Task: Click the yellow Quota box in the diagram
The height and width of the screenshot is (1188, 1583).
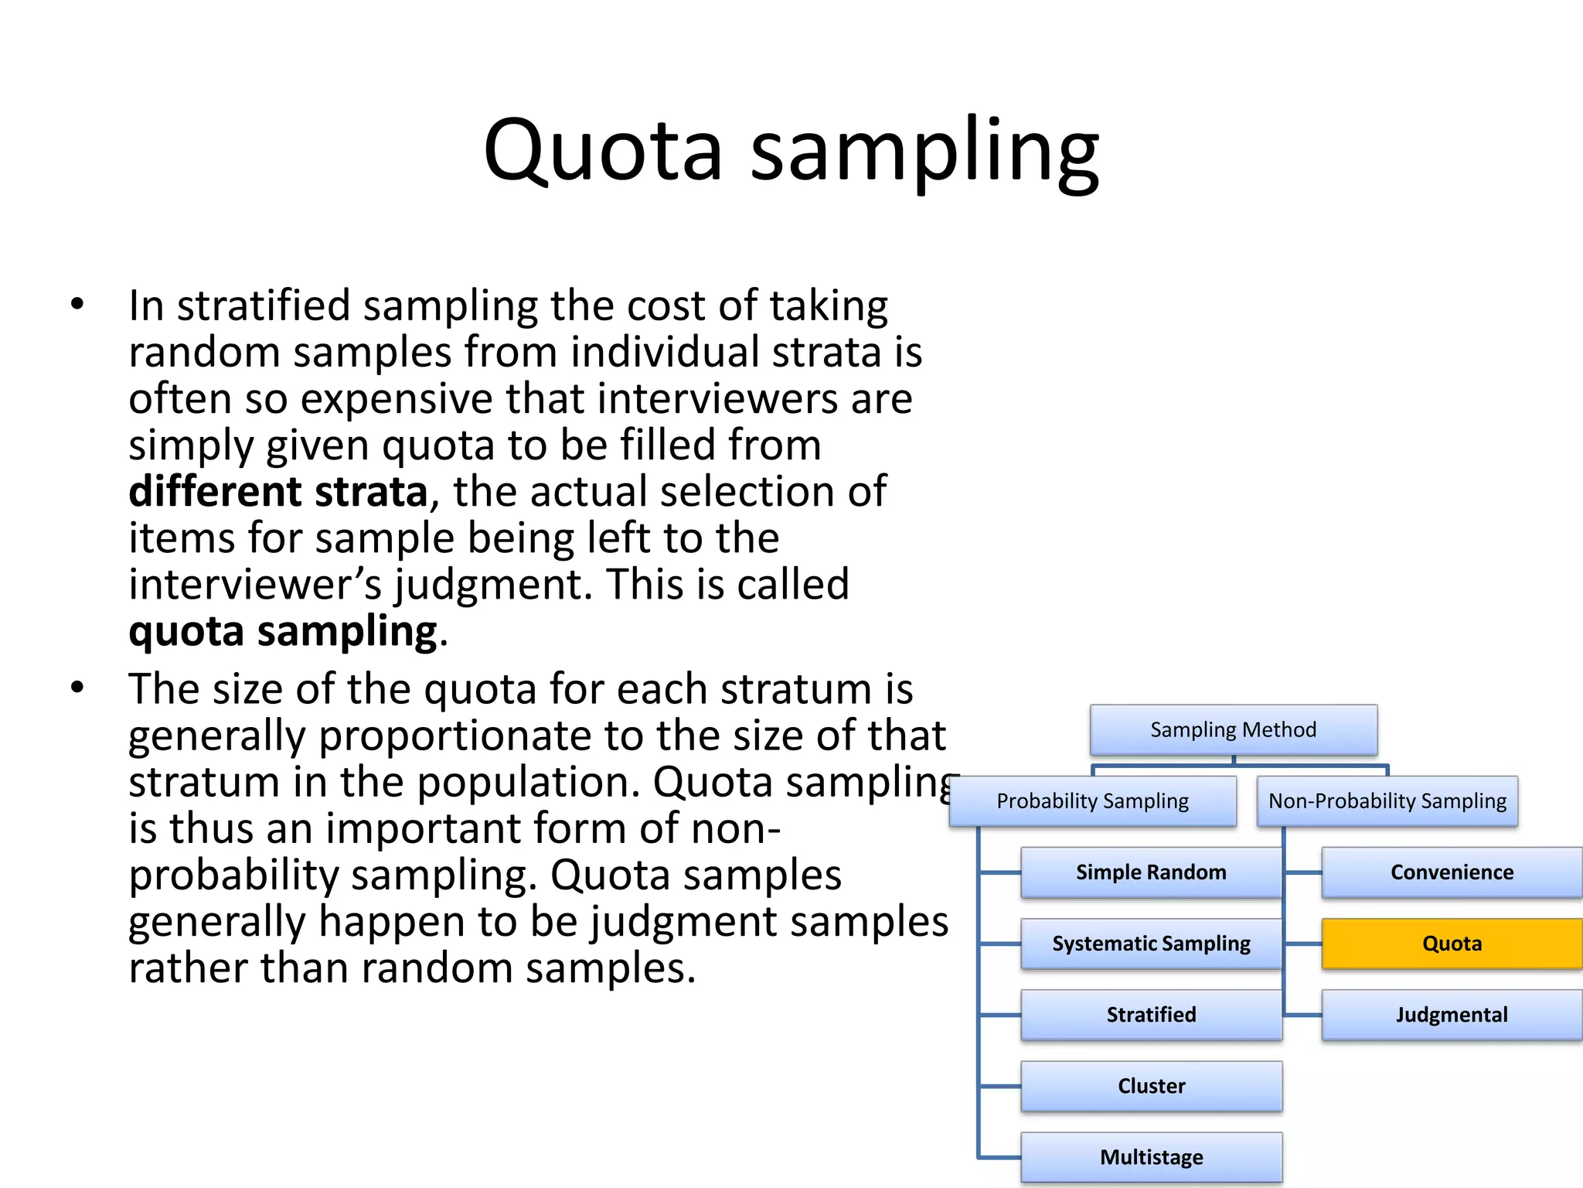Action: click(1452, 944)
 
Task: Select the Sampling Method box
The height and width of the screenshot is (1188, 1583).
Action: click(1233, 729)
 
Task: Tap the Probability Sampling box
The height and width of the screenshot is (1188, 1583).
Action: click(1092, 801)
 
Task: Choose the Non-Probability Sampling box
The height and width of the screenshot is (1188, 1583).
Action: click(1387, 801)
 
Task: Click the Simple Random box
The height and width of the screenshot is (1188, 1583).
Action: click(1150, 872)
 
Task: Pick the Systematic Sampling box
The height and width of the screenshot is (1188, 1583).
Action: click(1150, 944)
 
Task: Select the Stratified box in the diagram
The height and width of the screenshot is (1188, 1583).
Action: click(1150, 1015)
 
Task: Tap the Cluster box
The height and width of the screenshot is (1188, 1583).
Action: click(1150, 1086)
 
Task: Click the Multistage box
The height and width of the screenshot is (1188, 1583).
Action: click(1150, 1157)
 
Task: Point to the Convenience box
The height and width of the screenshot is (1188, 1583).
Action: click(1452, 872)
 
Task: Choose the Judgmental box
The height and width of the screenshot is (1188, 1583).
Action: click(1452, 1015)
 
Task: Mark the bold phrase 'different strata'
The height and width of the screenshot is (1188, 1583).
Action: click(278, 492)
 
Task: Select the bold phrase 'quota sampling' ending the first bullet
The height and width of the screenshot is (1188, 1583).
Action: click(283, 632)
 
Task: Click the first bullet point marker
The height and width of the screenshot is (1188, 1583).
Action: click(77, 304)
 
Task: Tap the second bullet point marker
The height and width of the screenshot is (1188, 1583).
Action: click(77, 687)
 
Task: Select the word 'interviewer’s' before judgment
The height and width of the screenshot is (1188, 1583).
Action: click(255, 585)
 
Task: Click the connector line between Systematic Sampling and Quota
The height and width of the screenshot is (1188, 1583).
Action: click(1303, 944)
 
